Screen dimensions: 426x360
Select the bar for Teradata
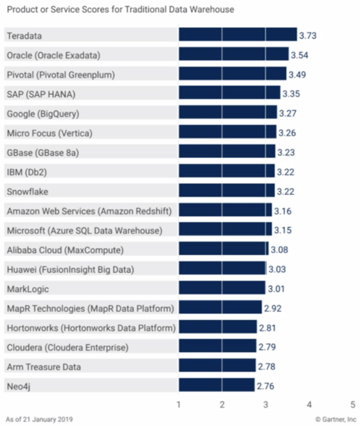(x=237, y=35)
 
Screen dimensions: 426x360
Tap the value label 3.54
(x=300, y=55)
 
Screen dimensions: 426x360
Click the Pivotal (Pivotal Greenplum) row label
(x=60, y=75)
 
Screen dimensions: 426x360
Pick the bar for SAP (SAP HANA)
(x=229, y=94)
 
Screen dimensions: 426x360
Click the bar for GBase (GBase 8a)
(x=226, y=152)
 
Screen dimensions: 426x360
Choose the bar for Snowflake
(x=226, y=191)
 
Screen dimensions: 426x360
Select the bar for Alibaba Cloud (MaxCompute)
(x=223, y=249)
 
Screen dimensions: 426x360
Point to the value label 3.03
(x=277, y=269)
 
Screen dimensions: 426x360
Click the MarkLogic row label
(x=28, y=288)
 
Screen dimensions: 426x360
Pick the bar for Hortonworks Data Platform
(x=217, y=327)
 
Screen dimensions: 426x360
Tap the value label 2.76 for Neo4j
(x=265, y=385)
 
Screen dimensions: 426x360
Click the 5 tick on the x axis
(x=352, y=405)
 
